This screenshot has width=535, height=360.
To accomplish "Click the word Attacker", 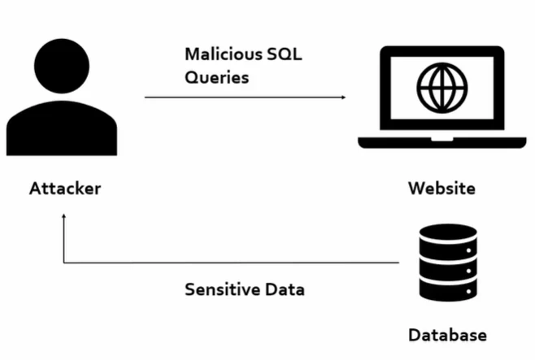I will click(65, 189).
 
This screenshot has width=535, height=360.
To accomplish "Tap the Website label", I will click(441, 189).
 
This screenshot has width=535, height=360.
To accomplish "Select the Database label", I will click(447, 335).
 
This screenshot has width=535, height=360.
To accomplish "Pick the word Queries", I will click(216, 79).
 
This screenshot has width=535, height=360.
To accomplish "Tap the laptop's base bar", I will click(441, 144).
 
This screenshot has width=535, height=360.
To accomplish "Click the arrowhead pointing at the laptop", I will click(343, 98).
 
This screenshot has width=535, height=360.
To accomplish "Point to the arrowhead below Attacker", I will click(63, 215).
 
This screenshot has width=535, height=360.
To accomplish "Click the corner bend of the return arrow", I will click(64, 262).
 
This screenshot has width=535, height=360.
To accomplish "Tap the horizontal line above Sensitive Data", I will click(236, 262).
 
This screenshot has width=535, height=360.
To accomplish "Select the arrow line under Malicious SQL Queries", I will click(244, 98).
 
